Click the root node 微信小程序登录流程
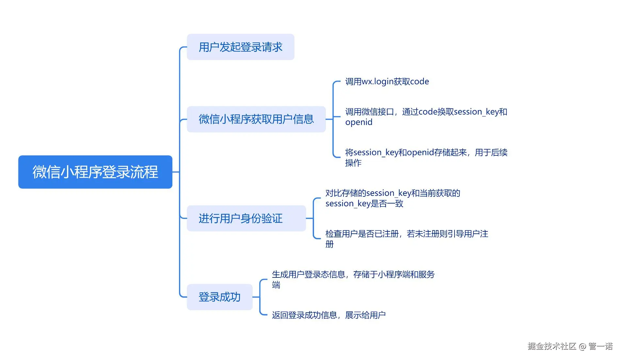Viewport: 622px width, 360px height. tap(95, 172)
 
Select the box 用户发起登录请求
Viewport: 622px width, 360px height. tap(240, 47)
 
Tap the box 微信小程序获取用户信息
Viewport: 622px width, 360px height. tap(256, 119)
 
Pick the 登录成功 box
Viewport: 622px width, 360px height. tap(219, 297)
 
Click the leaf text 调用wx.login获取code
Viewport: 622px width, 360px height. tap(387, 82)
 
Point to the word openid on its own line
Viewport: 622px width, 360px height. tap(359, 122)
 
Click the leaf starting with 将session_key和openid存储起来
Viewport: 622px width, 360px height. tap(426, 153)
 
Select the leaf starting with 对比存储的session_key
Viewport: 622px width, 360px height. tap(392, 194)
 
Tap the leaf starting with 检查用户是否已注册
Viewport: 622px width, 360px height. tap(407, 234)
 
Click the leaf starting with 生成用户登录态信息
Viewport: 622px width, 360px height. tap(353, 274)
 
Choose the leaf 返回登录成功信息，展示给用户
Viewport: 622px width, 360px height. tap(328, 315)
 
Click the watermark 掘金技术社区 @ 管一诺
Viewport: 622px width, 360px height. tap(570, 346)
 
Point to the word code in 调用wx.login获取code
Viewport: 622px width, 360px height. tap(420, 82)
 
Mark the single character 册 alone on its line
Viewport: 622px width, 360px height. tap(329, 244)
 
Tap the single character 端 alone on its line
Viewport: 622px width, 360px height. tap(276, 285)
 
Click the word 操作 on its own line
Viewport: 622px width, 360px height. tap(353, 163)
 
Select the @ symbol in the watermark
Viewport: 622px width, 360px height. tap(582, 347)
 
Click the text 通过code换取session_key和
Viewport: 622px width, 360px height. tap(455, 112)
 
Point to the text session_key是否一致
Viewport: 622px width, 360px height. tap(364, 204)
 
